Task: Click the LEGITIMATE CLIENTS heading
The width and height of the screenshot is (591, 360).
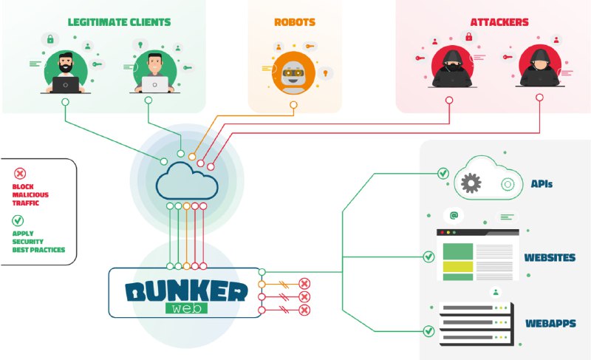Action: [119, 22]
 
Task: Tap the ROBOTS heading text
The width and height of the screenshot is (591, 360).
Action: [295, 22]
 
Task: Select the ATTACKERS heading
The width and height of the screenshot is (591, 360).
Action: [499, 22]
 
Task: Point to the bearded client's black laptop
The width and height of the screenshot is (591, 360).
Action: [66, 84]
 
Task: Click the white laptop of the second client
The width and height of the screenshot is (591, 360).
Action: [154, 84]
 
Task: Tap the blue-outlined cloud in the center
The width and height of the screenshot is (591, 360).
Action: [187, 180]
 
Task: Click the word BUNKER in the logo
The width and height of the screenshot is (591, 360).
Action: [186, 291]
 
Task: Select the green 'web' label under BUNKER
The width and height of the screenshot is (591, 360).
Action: [186, 308]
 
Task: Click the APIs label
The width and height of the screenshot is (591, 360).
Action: [542, 183]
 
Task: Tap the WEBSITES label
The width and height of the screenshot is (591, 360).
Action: [550, 257]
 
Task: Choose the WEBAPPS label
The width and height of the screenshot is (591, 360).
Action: [550, 323]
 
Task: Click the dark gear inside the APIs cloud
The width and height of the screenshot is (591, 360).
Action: [471, 183]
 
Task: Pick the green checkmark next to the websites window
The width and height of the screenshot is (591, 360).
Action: [428, 257]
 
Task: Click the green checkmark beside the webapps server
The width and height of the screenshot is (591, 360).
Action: [428, 331]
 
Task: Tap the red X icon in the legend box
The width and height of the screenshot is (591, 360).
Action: [20, 174]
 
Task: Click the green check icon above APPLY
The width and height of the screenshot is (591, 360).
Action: [18, 220]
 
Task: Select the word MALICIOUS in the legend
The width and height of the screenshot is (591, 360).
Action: [30, 195]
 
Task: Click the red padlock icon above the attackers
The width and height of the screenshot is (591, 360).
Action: [469, 36]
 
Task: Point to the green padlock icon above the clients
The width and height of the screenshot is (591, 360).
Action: [50, 39]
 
